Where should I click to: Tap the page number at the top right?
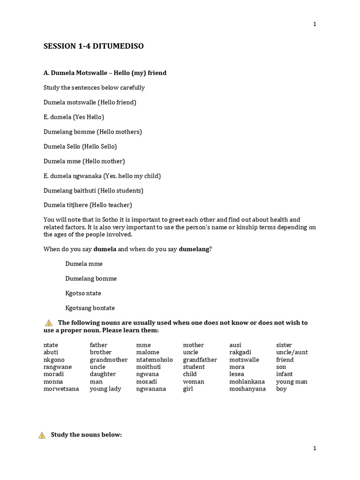[315, 24]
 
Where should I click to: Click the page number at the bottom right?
[315, 448]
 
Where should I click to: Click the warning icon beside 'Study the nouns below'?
[42, 435]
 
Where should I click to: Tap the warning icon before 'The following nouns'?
[49, 322]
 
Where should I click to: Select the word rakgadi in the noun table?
[240, 352]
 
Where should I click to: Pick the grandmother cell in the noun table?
[108, 360]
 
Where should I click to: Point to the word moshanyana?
[247, 389]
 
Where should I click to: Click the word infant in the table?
[284, 374]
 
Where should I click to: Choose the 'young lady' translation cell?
[105, 389]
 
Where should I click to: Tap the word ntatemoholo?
[154, 360]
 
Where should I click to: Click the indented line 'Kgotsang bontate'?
[90, 308]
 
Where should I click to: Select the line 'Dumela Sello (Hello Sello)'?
[80, 146]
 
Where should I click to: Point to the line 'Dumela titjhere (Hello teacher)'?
[88, 205]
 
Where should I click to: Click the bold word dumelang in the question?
[194, 249]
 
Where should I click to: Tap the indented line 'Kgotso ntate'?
[83, 293]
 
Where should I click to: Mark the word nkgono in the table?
[54, 360]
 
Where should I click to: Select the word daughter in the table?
[103, 374]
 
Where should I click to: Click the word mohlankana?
[247, 382]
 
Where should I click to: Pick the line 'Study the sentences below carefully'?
[94, 88]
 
